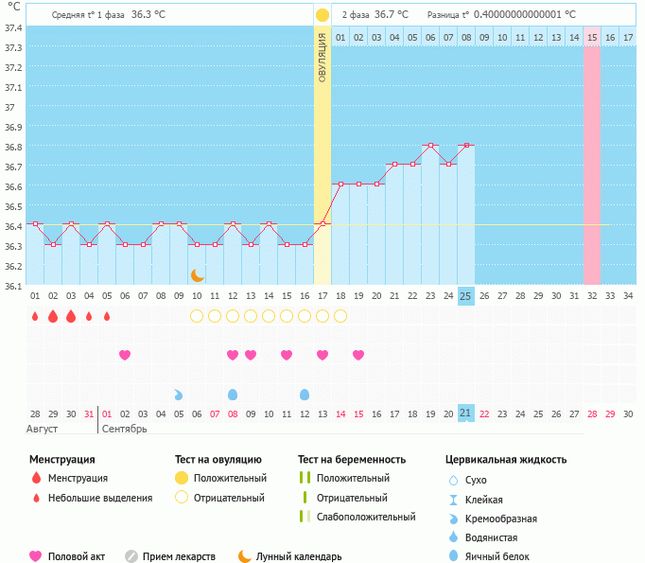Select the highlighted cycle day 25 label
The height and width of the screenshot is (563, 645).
465,295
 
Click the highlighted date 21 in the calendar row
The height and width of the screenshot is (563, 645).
465,413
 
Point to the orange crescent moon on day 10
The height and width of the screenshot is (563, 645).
197,274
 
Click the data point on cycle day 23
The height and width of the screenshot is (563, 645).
430,145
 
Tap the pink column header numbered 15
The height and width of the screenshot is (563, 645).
592,37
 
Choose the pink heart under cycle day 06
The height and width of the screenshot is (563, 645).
125,355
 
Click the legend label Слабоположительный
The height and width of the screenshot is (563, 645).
366,517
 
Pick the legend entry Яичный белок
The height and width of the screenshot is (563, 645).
503,556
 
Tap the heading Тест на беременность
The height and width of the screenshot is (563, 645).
351,459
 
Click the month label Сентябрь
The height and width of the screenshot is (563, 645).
124,430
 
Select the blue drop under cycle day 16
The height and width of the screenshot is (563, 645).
305,394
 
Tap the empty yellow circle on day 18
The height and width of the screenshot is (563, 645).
340,316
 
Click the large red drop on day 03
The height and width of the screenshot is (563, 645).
71,316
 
